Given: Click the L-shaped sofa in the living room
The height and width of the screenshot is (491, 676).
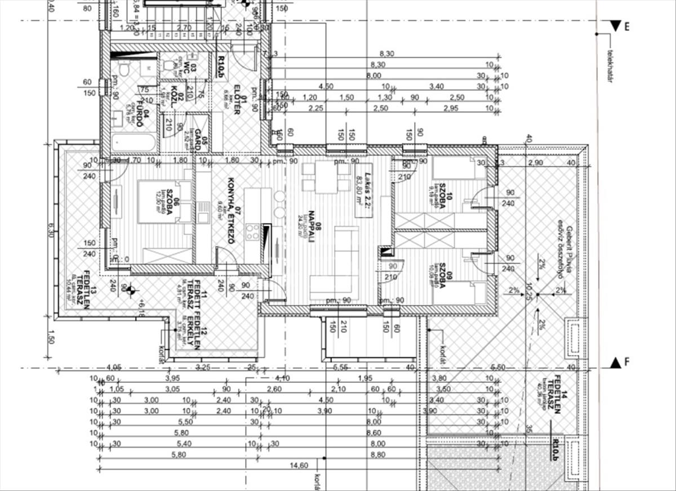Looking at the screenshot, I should point(338,259).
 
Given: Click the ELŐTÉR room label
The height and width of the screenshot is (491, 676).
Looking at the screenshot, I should point(236,101).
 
